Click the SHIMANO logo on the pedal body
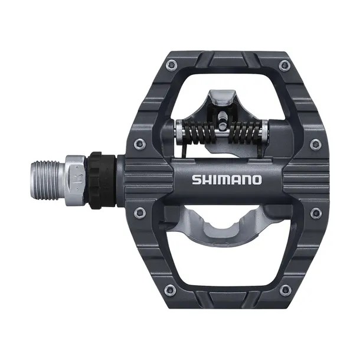(x=225, y=179)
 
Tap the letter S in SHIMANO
(x=195, y=179)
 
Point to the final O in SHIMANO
(x=256, y=179)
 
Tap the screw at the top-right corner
(x=285, y=64)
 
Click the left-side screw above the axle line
(x=140, y=143)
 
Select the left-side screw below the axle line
(x=140, y=212)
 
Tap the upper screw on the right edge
(x=316, y=143)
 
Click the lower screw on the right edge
(x=316, y=213)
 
